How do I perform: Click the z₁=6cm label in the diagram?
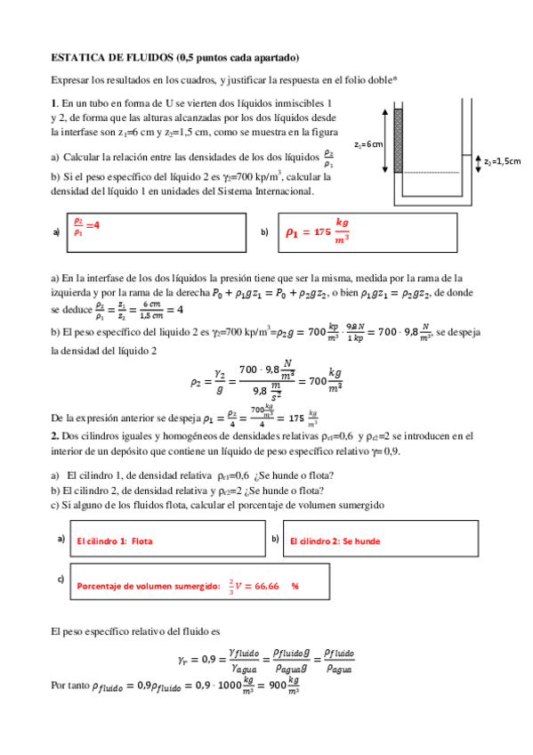(x=368, y=143)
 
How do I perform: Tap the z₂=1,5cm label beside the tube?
(x=502, y=161)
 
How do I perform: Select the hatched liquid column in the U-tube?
(x=398, y=140)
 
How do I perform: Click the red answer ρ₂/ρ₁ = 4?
(x=86, y=226)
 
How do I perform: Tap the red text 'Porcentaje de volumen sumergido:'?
(x=148, y=587)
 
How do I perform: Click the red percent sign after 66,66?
(x=295, y=587)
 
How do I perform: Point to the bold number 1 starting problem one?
(x=54, y=102)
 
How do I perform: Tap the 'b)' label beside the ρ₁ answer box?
(x=264, y=231)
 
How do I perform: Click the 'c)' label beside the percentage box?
(x=61, y=580)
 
